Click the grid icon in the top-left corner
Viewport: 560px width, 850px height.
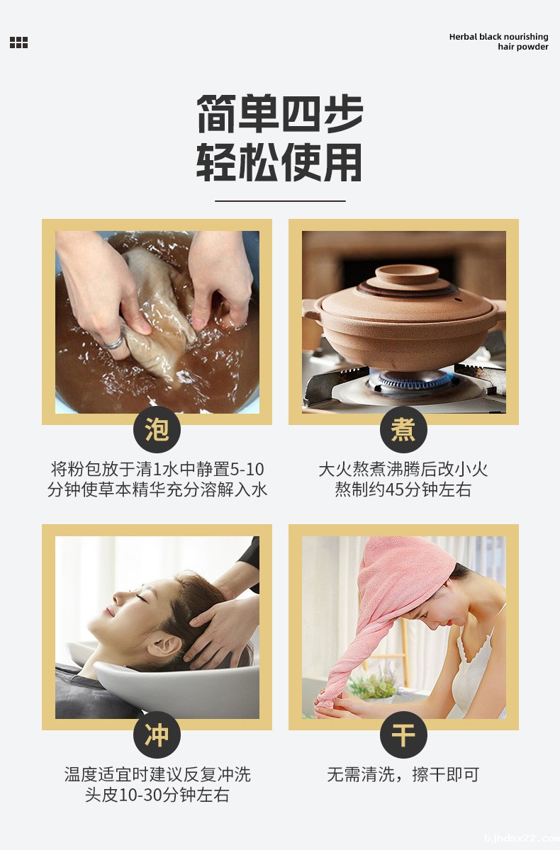pyautogui.click(x=18, y=42)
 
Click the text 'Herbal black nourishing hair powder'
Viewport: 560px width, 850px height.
pyautogui.click(x=498, y=42)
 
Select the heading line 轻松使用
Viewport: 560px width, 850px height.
pyautogui.click(x=280, y=163)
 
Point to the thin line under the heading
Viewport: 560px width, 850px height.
pyautogui.click(x=280, y=201)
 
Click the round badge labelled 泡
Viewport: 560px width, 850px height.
pyautogui.click(x=157, y=429)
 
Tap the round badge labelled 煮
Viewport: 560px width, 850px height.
pyautogui.click(x=403, y=429)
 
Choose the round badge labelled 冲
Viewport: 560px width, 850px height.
pyautogui.click(x=157, y=735)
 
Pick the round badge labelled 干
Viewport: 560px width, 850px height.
pyautogui.click(x=403, y=735)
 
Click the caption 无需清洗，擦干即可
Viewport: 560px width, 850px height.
pyautogui.click(x=403, y=775)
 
